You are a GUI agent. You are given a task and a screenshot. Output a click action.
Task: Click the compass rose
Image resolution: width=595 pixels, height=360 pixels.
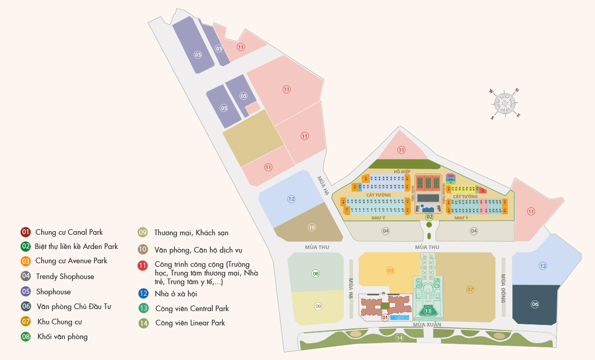click(x=505, y=103)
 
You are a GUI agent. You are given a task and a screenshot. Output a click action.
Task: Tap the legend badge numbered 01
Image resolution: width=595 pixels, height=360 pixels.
click(x=25, y=232)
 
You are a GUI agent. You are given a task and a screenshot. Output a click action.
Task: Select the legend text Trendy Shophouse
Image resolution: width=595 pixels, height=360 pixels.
click(x=65, y=276)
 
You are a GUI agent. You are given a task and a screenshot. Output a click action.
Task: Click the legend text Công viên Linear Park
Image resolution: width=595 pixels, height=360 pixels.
click(x=190, y=323)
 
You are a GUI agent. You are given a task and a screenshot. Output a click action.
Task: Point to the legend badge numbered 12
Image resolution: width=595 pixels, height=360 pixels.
click(x=144, y=293)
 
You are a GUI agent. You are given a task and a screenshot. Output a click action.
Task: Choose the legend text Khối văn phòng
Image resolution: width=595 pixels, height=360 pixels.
click(x=62, y=337)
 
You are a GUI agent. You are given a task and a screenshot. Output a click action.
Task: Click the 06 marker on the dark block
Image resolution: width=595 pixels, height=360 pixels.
click(x=534, y=304)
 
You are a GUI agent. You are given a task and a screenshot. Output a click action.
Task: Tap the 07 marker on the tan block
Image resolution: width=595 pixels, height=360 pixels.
click(x=470, y=289)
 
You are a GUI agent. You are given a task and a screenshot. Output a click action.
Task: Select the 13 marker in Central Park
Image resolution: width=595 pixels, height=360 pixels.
click(x=428, y=311)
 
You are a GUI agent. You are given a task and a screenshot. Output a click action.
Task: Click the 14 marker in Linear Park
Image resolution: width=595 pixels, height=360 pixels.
click(x=399, y=338)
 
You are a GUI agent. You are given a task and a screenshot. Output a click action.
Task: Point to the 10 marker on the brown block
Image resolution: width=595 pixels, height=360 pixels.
click(x=312, y=227)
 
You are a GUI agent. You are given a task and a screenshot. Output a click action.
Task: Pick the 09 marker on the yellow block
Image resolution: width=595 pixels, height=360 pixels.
click(x=318, y=306)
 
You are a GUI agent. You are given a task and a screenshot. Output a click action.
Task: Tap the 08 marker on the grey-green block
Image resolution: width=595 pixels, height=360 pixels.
click(x=316, y=273)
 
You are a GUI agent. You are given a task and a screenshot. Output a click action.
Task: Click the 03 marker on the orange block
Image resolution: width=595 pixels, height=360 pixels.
click(x=390, y=270)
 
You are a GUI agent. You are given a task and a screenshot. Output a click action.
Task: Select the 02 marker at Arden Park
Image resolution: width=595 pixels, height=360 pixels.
click(x=429, y=217)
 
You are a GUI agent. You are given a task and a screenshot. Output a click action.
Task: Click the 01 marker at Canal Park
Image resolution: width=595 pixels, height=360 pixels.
click(x=385, y=318)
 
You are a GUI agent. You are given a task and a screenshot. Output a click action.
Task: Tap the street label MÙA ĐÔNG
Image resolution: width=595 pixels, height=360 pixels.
click(x=503, y=288)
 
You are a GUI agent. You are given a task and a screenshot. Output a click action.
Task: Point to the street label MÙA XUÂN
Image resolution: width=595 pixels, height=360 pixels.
click(x=427, y=324)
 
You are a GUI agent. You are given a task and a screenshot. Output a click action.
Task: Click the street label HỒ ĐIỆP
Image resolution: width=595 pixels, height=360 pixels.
click(x=402, y=172)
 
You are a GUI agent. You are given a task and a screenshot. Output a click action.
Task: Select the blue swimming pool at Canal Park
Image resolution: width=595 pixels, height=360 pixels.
click(x=399, y=317)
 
